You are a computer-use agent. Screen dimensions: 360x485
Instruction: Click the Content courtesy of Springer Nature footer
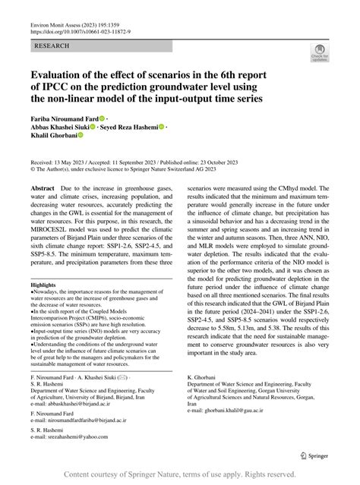click(x=179, y=474)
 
